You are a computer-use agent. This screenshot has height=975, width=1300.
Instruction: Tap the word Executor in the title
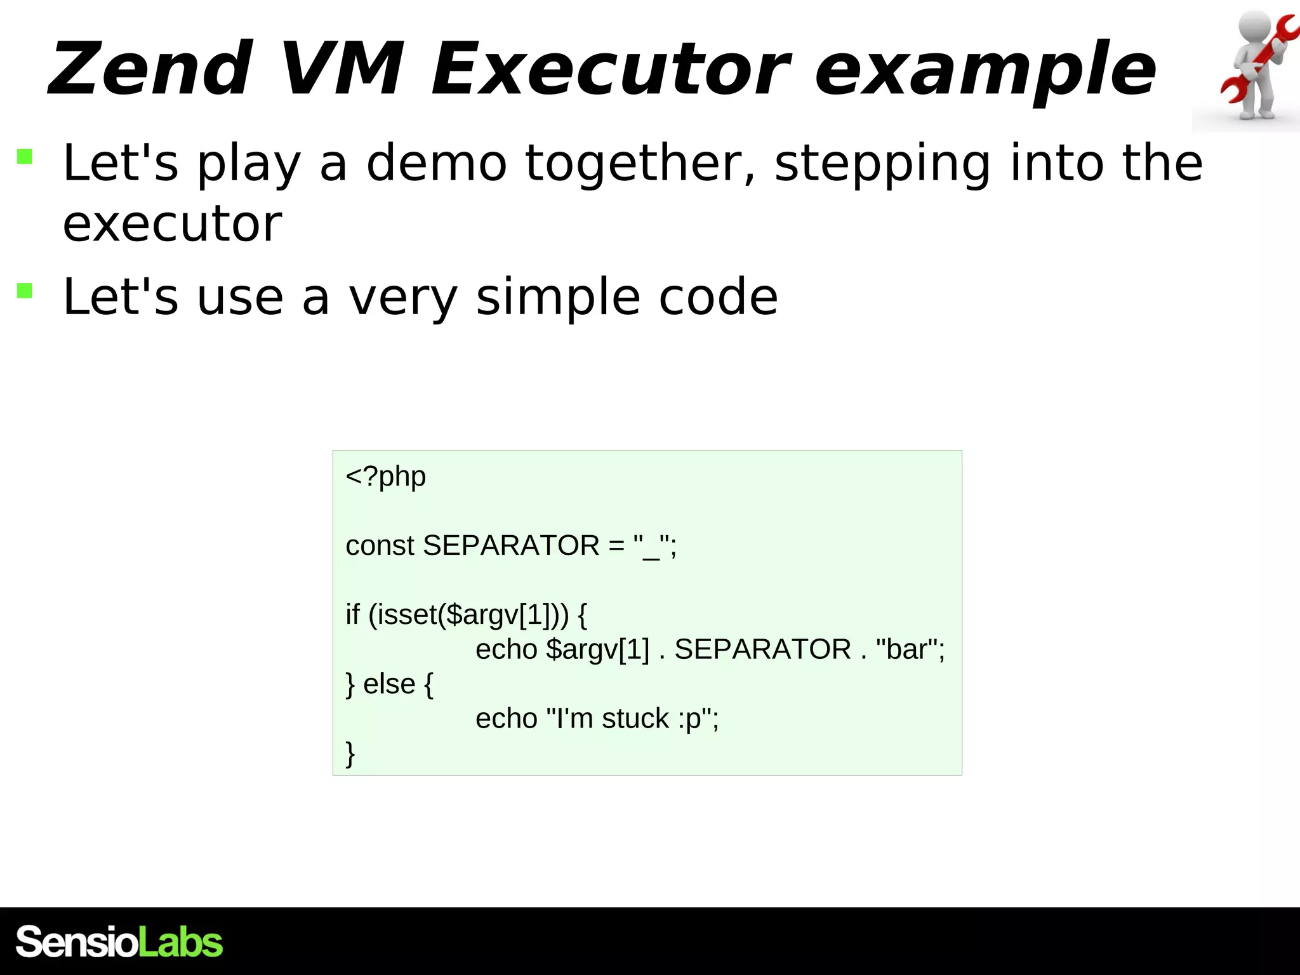(609, 69)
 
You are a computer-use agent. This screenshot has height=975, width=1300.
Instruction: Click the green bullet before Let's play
(25, 156)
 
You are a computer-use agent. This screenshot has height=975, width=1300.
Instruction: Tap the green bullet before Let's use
(25, 291)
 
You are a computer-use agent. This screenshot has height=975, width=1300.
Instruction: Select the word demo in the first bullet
(437, 163)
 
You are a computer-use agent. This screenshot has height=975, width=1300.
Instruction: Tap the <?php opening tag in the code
(385, 476)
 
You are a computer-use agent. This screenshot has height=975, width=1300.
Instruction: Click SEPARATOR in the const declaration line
(511, 545)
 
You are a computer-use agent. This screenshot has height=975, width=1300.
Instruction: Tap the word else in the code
(388, 684)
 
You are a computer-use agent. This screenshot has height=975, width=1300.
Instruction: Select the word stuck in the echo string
(635, 719)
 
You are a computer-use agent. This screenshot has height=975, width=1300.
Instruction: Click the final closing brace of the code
(350, 753)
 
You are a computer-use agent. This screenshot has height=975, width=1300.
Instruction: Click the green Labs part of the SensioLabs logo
(180, 942)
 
